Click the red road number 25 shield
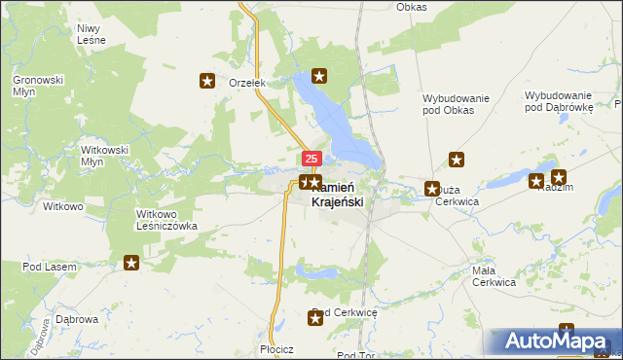tap(311, 159)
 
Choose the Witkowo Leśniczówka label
tap(167, 219)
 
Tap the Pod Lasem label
tap(46, 267)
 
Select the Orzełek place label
tap(247, 83)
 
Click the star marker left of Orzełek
tap(206, 81)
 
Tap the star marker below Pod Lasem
tap(131, 262)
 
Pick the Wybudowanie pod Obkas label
tap(461, 103)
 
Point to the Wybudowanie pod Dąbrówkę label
tap(559, 101)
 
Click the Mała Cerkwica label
tap(493, 276)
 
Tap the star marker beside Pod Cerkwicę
tap(315, 317)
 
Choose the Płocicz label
tap(277, 348)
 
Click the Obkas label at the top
tap(412, 7)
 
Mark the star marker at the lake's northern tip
tap(318, 75)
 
